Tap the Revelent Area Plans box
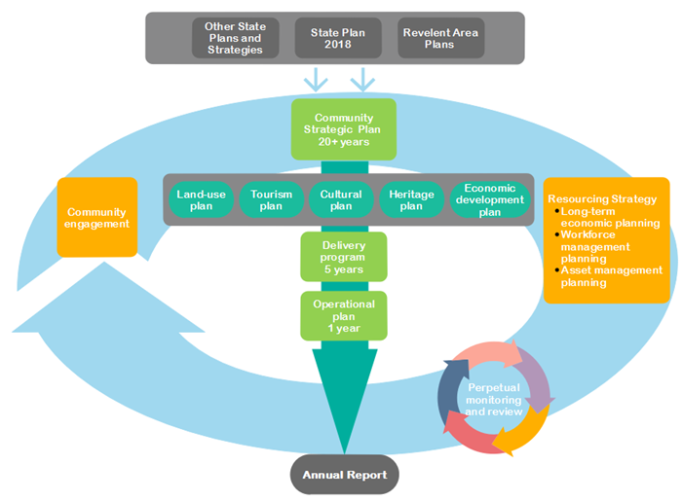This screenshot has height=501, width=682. pos(439,38)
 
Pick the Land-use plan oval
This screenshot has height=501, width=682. pos(202,200)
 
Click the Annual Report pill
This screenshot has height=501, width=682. pos(344,476)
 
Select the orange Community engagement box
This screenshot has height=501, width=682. pos(98,217)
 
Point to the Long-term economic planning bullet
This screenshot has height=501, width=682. pos(611,217)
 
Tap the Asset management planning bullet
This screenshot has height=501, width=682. pos(611,276)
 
